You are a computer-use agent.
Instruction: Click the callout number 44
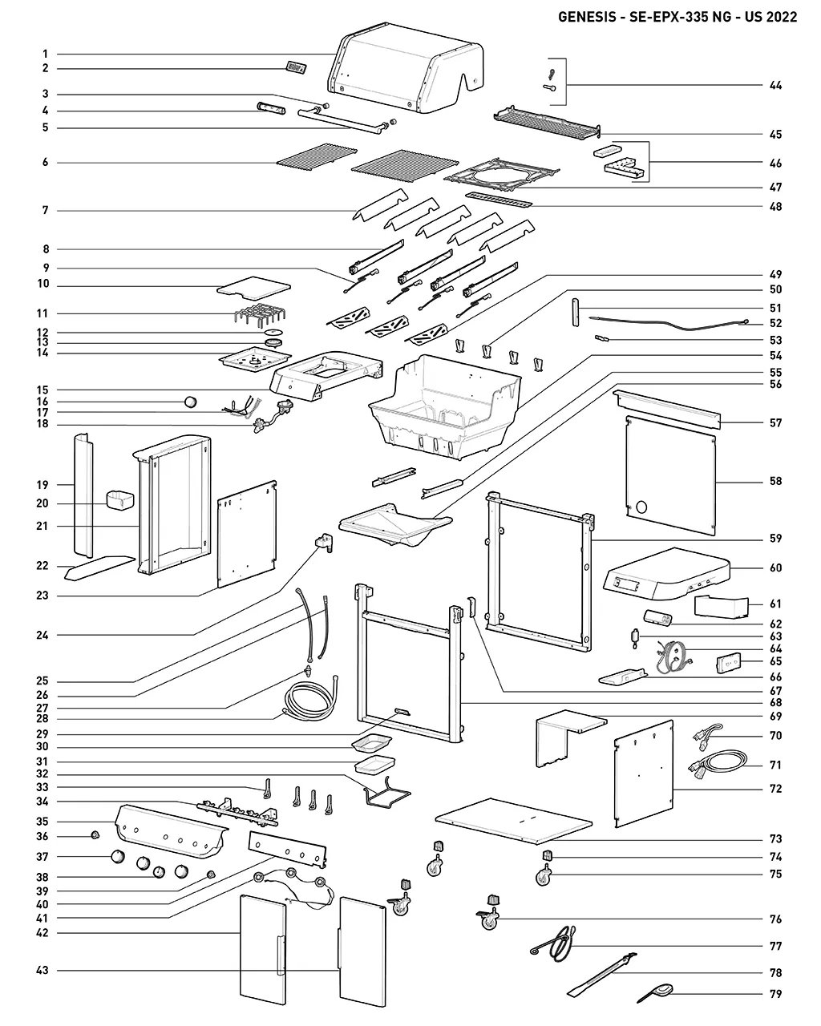(x=775, y=85)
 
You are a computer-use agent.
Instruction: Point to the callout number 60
(x=775, y=568)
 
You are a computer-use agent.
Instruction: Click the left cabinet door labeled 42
(x=263, y=949)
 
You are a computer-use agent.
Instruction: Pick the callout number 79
(x=775, y=995)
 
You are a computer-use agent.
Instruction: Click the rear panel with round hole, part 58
(x=670, y=473)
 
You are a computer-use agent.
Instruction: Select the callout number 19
(x=42, y=484)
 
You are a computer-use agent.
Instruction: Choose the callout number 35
(x=42, y=822)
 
